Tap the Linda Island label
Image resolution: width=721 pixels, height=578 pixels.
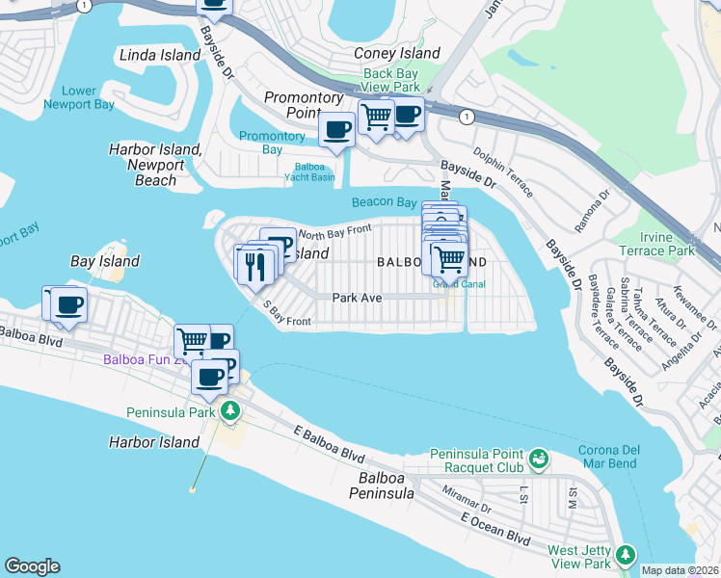[160, 55]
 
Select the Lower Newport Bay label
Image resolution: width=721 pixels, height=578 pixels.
[78, 98]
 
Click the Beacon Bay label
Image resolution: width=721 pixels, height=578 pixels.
[383, 202]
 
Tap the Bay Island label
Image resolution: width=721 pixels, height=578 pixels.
[105, 261]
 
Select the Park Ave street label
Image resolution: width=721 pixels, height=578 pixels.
[358, 298]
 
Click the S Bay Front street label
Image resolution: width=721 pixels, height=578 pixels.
[286, 313]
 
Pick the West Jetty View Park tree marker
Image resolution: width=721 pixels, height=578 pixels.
[626, 555]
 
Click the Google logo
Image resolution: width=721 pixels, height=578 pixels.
[32, 566]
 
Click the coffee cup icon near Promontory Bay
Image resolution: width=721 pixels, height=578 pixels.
[337, 129]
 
